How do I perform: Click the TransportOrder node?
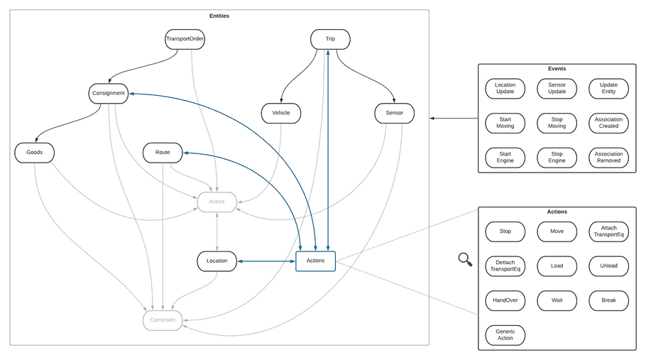click(x=185, y=38)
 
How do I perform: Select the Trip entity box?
click(x=330, y=38)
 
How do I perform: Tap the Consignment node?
click(x=109, y=93)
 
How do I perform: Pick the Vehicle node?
click(x=280, y=112)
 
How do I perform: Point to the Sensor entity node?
click(x=394, y=112)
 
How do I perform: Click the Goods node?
click(x=34, y=152)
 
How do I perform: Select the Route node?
click(x=163, y=152)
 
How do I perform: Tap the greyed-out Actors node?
click(x=217, y=202)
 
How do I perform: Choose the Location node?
click(x=217, y=261)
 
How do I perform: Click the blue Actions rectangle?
click(x=315, y=261)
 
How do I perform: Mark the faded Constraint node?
click(x=163, y=320)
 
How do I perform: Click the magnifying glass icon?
click(x=465, y=260)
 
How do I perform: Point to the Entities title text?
click(x=219, y=15)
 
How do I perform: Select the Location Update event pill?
click(x=505, y=88)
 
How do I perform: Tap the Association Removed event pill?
click(x=608, y=157)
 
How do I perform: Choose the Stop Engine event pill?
click(x=557, y=157)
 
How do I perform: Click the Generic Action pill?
click(x=505, y=334)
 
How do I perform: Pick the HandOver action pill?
click(x=505, y=300)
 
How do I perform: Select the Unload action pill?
click(x=608, y=266)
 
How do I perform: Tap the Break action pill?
click(x=608, y=300)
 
